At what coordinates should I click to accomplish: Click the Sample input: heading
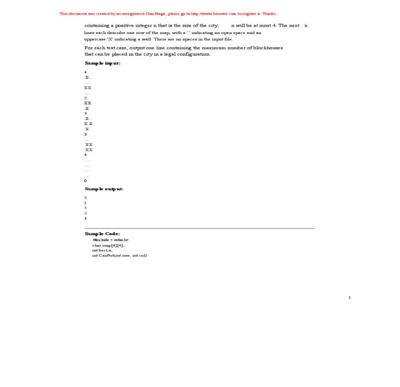pyautogui.click(x=103, y=63)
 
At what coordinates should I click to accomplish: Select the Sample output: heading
pyautogui.click(x=104, y=189)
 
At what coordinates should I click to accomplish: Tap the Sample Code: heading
pyautogui.click(x=103, y=234)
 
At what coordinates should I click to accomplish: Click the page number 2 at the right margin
pyautogui.click(x=349, y=297)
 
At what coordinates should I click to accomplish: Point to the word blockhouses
pyautogui.click(x=269, y=48)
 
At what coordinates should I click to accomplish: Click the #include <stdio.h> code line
pyautogui.click(x=111, y=240)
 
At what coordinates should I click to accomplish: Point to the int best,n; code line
pyautogui.click(x=102, y=250)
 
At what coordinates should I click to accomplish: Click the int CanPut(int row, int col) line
pyautogui.click(x=120, y=256)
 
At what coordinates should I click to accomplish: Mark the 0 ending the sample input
pyautogui.click(x=86, y=181)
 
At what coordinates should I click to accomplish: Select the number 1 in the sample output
pyautogui.click(x=86, y=203)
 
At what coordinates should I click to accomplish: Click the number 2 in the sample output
pyautogui.click(x=86, y=213)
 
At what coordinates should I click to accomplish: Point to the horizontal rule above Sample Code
pyautogui.click(x=200, y=228)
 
